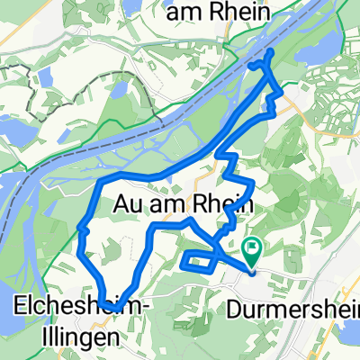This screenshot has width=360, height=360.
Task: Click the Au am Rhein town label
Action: click(183, 203)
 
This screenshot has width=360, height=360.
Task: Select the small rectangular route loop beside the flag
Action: click(199, 261)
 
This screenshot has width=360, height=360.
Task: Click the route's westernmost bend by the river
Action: click(81, 229)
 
